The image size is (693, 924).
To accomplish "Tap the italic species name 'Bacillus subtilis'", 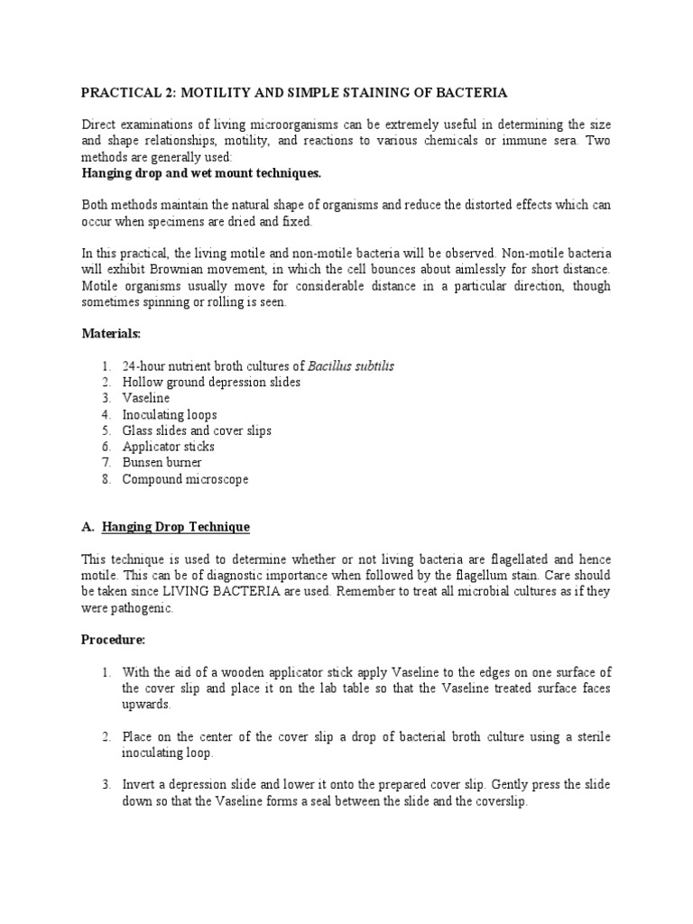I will [x=351, y=366].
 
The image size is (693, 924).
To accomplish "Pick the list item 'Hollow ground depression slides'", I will [x=211, y=383].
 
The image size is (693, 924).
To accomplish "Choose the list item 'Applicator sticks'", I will [x=169, y=447].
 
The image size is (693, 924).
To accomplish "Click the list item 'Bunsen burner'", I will [x=162, y=463].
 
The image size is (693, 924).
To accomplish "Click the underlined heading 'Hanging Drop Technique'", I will [x=176, y=527].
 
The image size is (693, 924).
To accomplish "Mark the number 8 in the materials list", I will [x=106, y=479].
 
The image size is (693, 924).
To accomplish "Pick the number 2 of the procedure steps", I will [x=106, y=737].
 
